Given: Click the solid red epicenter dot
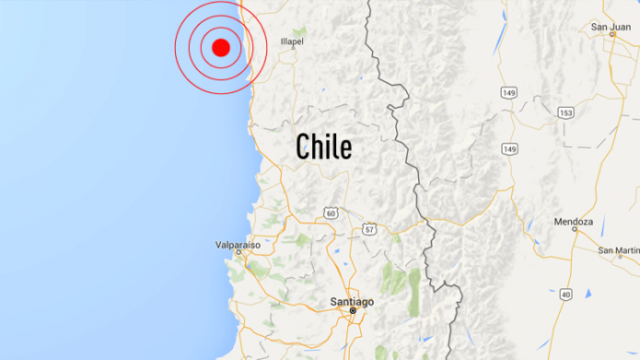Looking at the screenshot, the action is (220, 47).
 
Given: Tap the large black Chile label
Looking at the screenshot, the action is (323, 145).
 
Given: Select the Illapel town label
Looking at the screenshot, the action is (292, 41).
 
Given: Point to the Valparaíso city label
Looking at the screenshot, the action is (238, 246).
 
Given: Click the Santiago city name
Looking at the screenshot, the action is (352, 301).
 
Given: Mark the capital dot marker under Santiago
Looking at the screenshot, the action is (353, 312).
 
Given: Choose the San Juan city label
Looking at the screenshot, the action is (611, 28).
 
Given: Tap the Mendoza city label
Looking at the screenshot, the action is (575, 222).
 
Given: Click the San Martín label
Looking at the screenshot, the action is (618, 250).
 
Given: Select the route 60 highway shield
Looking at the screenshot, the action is (331, 214).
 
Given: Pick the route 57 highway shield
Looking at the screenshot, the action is (368, 227).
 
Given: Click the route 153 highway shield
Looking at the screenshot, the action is (565, 112).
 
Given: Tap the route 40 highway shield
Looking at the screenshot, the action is (565, 295).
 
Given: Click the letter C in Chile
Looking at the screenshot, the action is (302, 145).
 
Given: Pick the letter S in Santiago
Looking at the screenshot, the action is (333, 301).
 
